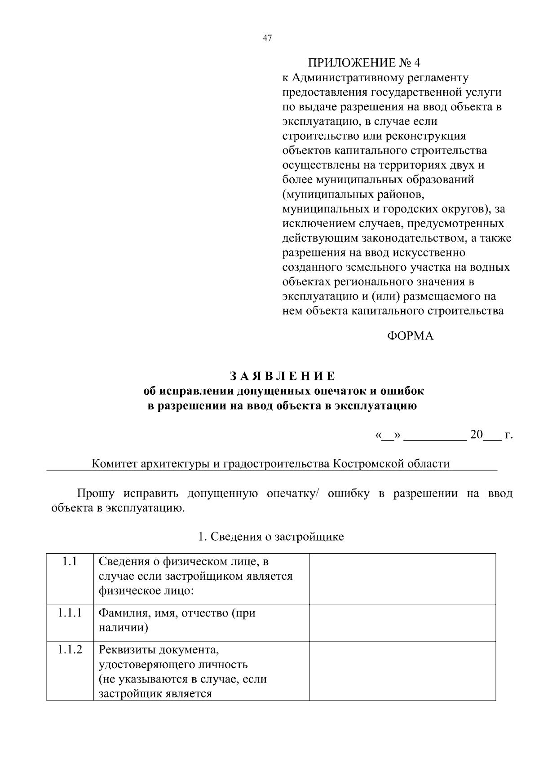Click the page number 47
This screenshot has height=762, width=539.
pos(267,38)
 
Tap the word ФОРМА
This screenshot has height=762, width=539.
pos(410,336)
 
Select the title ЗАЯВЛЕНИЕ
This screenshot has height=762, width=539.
pos(283,375)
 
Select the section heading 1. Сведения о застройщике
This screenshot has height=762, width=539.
pos(271,537)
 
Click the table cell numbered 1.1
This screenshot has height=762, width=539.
pos(70,561)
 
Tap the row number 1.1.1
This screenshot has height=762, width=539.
pos(70,613)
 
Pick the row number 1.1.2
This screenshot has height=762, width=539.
pos(70,650)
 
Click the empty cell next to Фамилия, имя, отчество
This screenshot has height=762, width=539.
pos(402,623)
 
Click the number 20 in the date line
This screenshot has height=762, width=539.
pos(476,434)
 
